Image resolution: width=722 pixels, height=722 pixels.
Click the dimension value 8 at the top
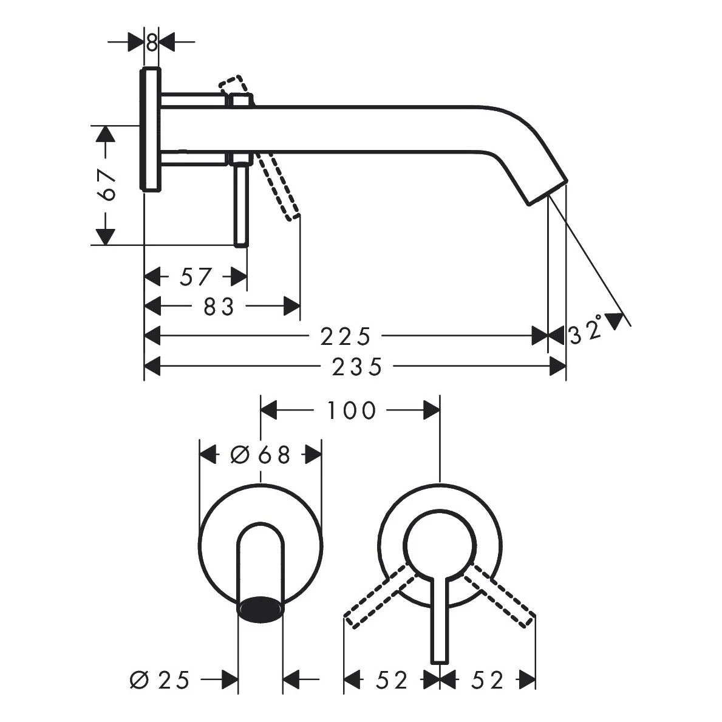tap(152, 43)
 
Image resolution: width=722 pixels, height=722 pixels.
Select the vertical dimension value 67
tap(106, 185)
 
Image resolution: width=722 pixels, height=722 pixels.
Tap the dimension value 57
tap(196, 277)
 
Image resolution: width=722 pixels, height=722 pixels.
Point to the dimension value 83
tap(219, 307)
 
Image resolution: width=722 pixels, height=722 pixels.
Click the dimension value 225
tap(345, 336)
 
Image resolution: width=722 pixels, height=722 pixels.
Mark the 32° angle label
tap(587, 331)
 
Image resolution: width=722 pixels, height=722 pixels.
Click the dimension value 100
tap(352, 411)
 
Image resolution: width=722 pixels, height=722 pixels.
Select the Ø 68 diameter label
tap(261, 454)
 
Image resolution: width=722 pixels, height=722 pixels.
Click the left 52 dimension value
tap(392, 680)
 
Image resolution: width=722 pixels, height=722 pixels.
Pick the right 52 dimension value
tap(488, 680)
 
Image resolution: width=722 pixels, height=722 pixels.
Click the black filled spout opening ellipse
tap(261, 608)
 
